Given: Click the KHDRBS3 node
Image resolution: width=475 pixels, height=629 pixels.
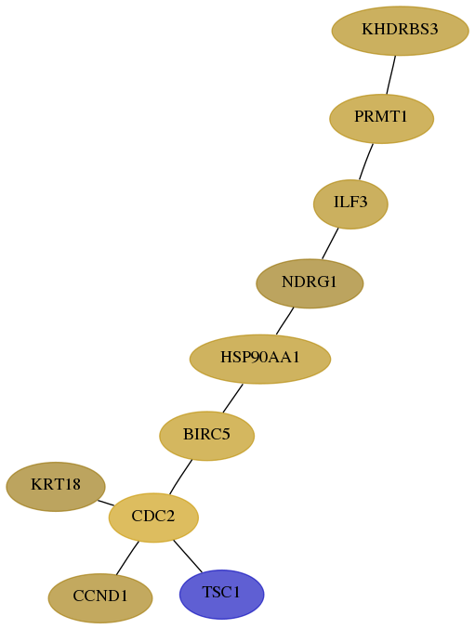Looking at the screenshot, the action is click(400, 31).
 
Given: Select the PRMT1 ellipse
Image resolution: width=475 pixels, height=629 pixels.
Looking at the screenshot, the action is click(381, 118).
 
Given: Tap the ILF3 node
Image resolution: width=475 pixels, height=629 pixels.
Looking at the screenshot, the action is click(350, 204).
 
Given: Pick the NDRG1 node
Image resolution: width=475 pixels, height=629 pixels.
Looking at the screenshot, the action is click(310, 283).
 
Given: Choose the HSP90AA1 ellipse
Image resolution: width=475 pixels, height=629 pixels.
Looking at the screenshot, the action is click(260, 359).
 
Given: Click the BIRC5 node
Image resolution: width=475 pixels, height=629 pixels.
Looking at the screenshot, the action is click(207, 436).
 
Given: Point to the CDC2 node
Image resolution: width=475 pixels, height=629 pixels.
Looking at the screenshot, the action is click(153, 518).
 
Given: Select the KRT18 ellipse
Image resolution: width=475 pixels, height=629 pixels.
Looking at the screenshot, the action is click(56, 486).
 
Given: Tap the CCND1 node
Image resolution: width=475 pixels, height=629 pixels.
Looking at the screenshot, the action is click(100, 597).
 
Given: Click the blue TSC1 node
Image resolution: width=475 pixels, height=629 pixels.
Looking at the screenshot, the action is click(222, 594).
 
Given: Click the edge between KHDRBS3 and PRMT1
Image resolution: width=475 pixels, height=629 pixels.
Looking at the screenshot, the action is click(391, 75).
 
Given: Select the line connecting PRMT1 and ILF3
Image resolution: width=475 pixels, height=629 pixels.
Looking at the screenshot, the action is click(366, 162).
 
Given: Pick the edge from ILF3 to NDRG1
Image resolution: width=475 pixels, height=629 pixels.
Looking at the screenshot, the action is click(330, 244).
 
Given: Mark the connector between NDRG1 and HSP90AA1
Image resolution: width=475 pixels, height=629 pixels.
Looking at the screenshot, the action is click(284, 321).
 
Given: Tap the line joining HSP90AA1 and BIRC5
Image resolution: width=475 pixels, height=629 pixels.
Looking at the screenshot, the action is click(232, 398).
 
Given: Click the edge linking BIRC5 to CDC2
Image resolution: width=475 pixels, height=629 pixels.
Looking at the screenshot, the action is click(180, 477).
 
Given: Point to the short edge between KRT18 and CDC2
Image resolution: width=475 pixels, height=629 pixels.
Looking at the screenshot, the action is click(106, 503).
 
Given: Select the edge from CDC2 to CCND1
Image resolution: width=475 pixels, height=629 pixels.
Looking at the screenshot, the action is click(127, 558).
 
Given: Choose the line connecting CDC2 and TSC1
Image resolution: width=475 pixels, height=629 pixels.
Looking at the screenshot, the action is click(188, 556).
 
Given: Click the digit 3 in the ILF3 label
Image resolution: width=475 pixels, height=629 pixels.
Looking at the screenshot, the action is click(363, 202).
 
